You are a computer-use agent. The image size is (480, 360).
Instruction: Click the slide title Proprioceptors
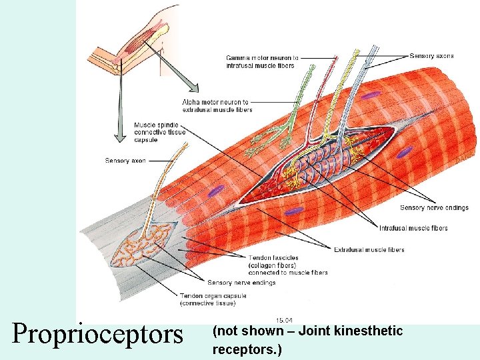tap(97, 333)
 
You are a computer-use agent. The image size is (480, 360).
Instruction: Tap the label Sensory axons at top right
tap(431, 56)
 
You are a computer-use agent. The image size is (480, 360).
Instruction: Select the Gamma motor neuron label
tap(261, 61)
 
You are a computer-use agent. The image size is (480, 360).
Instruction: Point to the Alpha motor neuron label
tap(217, 105)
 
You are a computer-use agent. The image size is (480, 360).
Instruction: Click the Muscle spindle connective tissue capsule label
tap(159, 132)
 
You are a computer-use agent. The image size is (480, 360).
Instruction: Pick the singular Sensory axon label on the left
tap(125, 161)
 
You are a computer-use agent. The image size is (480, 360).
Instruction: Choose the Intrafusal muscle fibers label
tap(413, 228)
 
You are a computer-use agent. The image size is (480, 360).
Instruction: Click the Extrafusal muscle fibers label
tap(369, 250)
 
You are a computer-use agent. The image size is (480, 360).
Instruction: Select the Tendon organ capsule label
tap(213, 299)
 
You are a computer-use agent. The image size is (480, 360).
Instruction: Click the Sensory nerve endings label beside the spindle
tap(434, 208)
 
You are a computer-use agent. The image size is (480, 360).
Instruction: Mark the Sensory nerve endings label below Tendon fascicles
tap(241, 283)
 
